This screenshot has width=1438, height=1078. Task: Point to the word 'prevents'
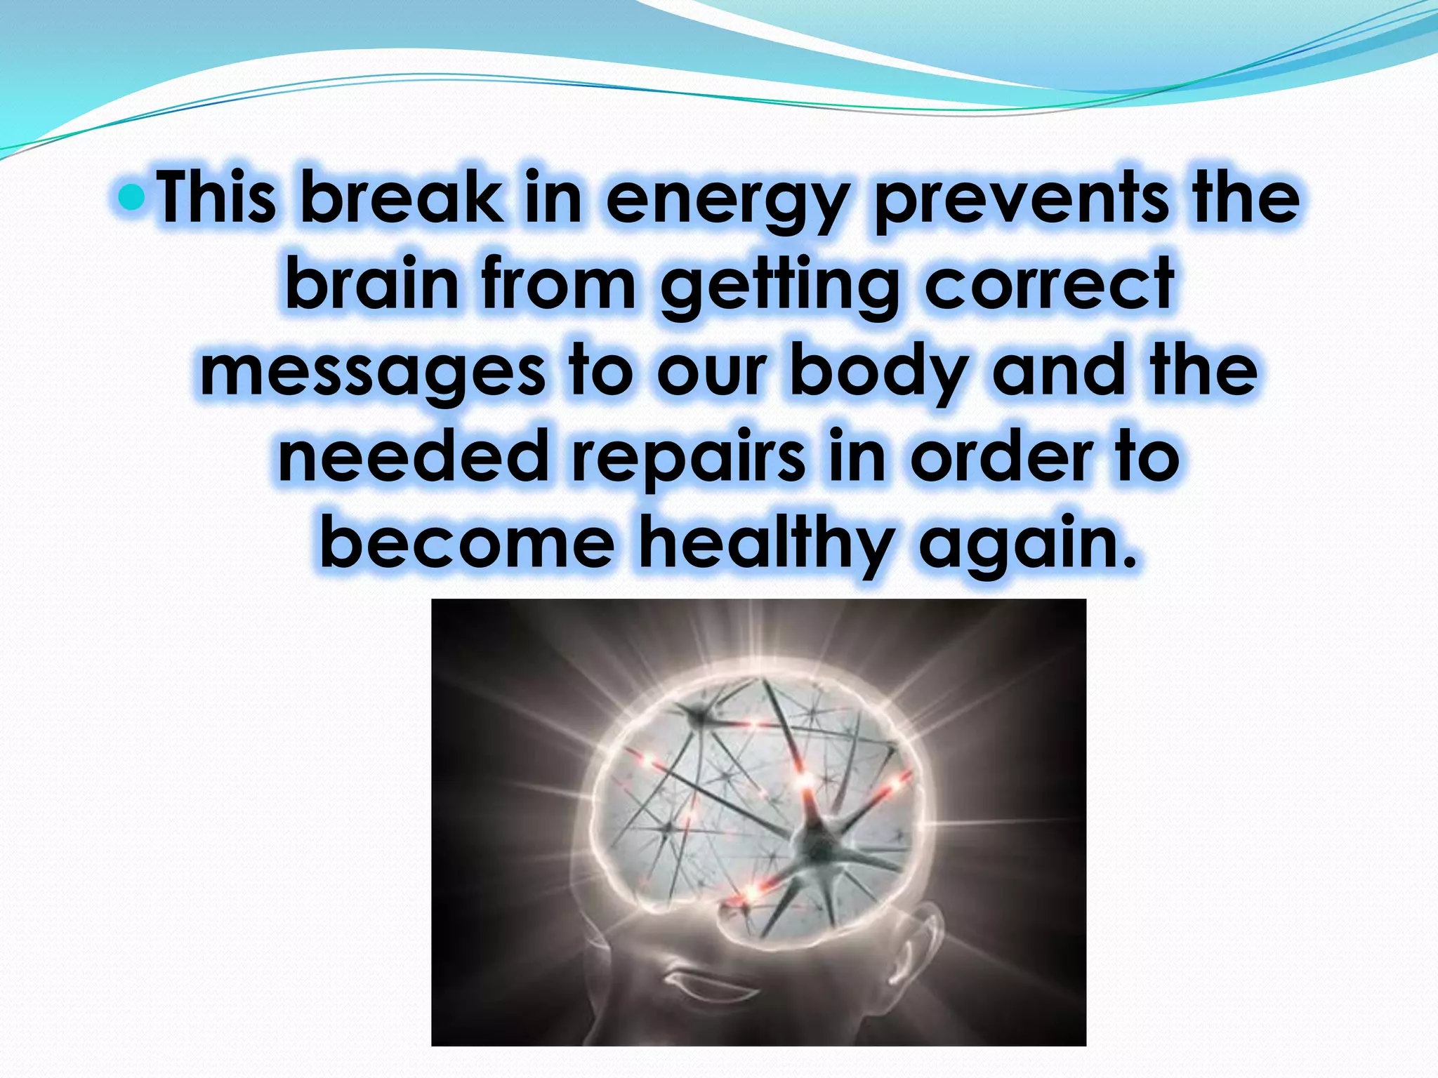click(1022, 200)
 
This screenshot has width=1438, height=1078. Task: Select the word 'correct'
click(1049, 284)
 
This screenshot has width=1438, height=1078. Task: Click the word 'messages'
click(372, 372)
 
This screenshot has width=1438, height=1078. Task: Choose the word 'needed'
click(413, 458)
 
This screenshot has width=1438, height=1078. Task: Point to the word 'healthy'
click(767, 545)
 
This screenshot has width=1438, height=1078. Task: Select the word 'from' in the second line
click(558, 284)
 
